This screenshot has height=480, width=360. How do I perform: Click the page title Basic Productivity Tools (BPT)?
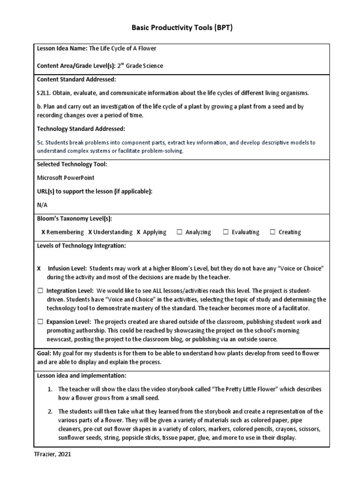[180, 28]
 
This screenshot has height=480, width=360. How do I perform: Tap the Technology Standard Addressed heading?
[81, 128]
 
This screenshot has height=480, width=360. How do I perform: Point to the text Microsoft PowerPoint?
[65, 178]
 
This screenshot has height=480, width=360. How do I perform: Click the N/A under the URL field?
[42, 205]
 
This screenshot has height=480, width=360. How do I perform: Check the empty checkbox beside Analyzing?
[180, 232]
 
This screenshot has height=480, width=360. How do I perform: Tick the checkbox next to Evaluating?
[225, 232]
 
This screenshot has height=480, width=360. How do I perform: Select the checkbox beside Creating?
[272, 232]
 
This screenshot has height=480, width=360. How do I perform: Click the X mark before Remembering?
[43, 232]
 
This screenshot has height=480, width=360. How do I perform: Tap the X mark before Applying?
[138, 232]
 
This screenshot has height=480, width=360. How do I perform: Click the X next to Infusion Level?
[39, 269]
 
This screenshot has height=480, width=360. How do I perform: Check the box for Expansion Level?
[40, 322]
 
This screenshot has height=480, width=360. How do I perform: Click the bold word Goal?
[44, 353]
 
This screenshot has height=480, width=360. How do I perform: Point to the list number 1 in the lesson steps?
[50, 390]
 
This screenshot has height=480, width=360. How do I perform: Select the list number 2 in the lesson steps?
[50, 412]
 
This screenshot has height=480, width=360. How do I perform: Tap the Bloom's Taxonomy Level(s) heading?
[74, 218]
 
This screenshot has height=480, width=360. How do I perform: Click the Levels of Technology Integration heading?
[81, 246]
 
